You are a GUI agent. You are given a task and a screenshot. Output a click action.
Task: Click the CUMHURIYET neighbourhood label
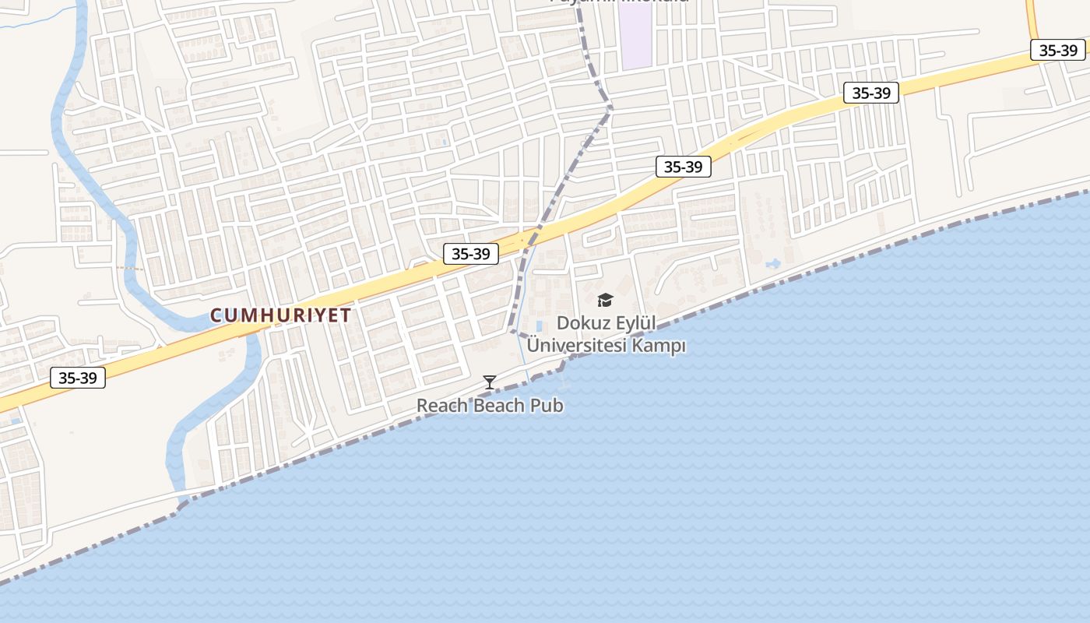[280, 315]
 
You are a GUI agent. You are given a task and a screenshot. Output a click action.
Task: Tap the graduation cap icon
[605, 301]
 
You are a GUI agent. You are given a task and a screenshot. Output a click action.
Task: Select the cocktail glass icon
[490, 382]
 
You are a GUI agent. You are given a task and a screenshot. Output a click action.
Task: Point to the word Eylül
[637, 322]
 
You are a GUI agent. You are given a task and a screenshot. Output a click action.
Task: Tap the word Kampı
[659, 345]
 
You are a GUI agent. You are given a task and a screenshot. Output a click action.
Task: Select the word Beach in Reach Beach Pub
[499, 406]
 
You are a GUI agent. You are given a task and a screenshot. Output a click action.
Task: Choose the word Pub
[548, 406]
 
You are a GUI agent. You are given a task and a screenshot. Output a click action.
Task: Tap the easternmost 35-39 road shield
[1058, 50]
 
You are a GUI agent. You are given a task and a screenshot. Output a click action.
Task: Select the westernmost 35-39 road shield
[78, 378]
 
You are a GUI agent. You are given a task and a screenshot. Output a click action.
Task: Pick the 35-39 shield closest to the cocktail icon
[471, 254]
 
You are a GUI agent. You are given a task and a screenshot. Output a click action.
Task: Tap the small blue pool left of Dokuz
[540, 325]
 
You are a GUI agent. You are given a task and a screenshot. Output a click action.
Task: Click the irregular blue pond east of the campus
[773, 264]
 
